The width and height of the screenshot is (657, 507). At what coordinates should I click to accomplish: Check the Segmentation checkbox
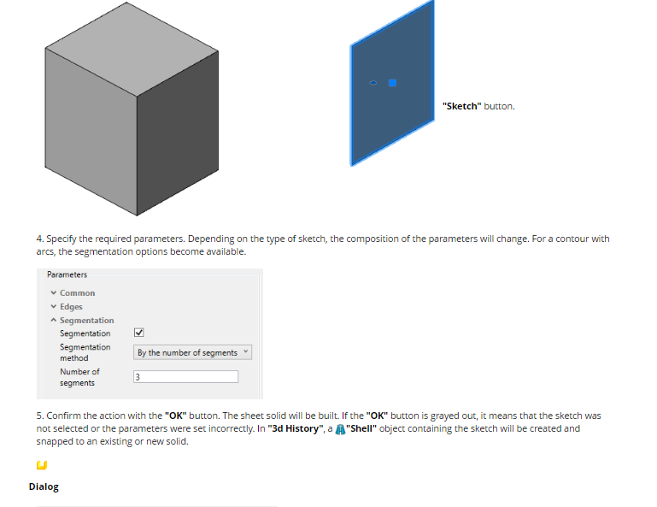pos(138,333)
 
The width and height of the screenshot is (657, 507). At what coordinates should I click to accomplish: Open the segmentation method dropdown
pos(193,352)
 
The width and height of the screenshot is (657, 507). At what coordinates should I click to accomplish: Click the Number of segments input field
pos(185,376)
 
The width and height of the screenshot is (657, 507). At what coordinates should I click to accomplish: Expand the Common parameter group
pos(54,292)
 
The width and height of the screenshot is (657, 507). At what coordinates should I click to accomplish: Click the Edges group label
pos(71,307)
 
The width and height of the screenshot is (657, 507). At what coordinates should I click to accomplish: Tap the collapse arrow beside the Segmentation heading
pos(54,320)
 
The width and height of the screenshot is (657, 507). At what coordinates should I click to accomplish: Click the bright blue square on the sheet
pos(392,83)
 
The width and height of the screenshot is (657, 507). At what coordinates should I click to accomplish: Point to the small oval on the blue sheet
pos(373,83)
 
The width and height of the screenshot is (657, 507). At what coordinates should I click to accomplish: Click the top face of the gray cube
pos(132,49)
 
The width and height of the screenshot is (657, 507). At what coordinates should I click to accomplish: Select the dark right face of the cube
pos(178,134)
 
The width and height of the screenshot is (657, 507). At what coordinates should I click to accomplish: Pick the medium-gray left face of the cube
pos(91,133)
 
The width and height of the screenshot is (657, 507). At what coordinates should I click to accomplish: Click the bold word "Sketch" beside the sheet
pos(461,106)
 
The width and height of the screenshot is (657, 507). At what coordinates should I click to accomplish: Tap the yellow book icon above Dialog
pos(42,465)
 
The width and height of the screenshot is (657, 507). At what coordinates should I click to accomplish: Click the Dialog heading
pos(44,486)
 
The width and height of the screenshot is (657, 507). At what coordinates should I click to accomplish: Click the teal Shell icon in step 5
pos(340,429)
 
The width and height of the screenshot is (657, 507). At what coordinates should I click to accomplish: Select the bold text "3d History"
pos(296,428)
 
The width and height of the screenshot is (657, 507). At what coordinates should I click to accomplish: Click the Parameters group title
pos(67,274)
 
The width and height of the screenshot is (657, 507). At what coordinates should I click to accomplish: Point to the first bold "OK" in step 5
pos(175,416)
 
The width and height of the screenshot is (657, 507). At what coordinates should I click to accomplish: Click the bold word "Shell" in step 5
pos(361,428)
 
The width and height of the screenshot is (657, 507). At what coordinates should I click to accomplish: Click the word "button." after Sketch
pos(499,106)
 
